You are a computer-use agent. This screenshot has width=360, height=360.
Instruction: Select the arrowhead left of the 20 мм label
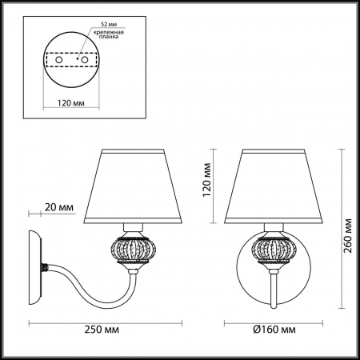[32, 214]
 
